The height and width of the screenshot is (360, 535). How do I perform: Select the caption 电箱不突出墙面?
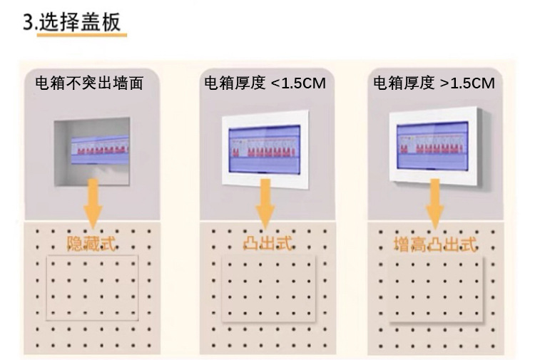click(x=89, y=83)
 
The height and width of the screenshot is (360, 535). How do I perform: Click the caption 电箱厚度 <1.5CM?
click(x=265, y=83)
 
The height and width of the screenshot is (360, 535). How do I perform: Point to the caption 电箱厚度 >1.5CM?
click(x=434, y=83)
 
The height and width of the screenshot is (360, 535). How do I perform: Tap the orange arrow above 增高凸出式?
click(x=435, y=203)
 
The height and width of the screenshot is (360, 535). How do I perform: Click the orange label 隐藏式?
click(x=93, y=243)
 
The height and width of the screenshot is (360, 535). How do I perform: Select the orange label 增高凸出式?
click(x=434, y=245)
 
